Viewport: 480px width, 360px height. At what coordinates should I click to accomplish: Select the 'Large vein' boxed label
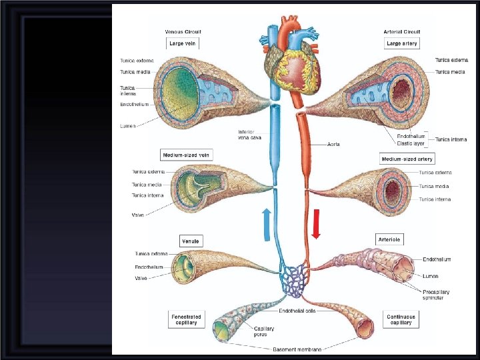pyautogui.click(x=183, y=43)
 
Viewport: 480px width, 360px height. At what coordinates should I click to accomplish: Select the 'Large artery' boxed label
pyautogui.click(x=402, y=43)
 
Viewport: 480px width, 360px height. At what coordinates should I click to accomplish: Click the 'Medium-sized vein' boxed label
pyautogui.click(x=186, y=155)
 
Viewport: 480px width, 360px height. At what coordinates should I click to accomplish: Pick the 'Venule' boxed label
pyautogui.click(x=191, y=241)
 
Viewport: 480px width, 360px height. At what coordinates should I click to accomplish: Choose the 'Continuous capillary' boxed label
pyautogui.click(x=401, y=319)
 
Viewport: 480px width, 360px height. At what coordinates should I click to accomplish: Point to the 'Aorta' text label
pyautogui.click(x=335, y=143)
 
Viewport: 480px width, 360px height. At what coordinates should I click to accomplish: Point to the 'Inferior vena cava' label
pyautogui.click(x=251, y=135)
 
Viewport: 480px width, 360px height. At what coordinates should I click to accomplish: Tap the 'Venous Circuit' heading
pyautogui.click(x=183, y=31)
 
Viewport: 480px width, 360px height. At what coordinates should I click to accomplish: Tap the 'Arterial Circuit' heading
pyautogui.click(x=403, y=31)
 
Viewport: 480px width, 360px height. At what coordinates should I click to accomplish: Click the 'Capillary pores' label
pyautogui.click(x=263, y=331)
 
